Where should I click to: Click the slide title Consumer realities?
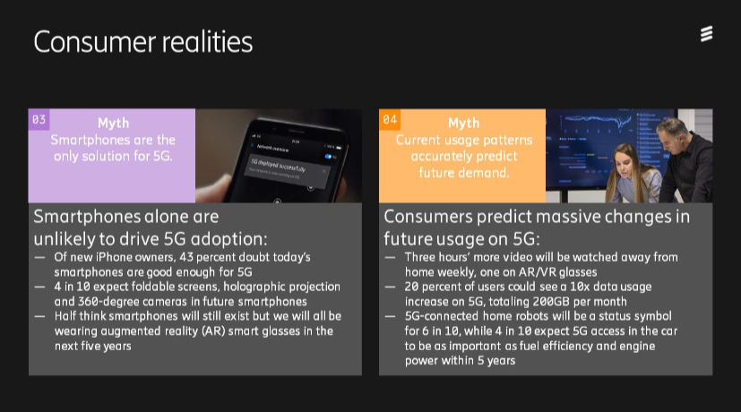(143, 41)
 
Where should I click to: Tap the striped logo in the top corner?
(706, 34)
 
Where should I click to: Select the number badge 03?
(39, 119)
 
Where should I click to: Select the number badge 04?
(390, 119)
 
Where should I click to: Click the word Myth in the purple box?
(114, 124)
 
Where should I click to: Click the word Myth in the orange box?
(463, 124)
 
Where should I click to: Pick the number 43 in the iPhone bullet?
(186, 258)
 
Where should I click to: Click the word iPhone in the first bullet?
(114, 258)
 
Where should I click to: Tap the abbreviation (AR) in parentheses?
(213, 330)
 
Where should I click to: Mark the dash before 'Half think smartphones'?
(39, 316)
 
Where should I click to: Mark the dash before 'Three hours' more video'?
(391, 258)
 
